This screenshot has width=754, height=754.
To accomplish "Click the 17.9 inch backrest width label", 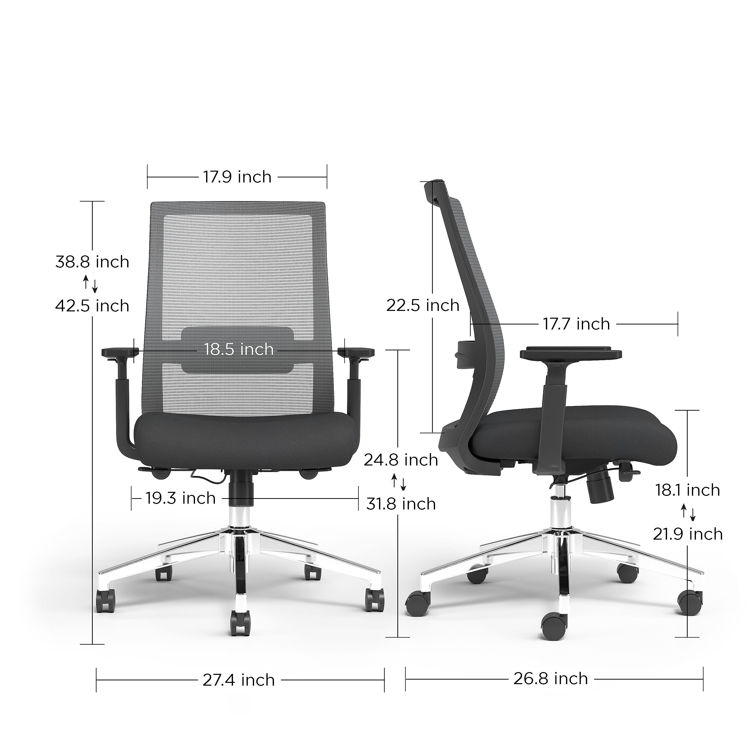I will pyautogui.click(x=237, y=177).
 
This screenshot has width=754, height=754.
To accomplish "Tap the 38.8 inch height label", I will pyautogui.click(x=92, y=262).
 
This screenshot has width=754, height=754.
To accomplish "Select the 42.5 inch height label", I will pyautogui.click(x=92, y=306).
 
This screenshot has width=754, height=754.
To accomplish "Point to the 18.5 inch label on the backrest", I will pyautogui.click(x=239, y=349).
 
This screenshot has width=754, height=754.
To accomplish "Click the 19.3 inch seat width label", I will pyautogui.click(x=181, y=498).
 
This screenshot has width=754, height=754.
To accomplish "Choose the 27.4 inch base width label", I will pyautogui.click(x=239, y=680).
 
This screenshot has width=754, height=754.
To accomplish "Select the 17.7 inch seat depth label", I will pyautogui.click(x=576, y=324).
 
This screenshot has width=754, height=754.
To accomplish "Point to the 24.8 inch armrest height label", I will pyautogui.click(x=401, y=460).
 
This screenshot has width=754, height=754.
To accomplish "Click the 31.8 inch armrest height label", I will pyautogui.click(x=401, y=504).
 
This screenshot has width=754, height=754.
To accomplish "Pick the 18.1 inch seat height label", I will pyautogui.click(x=687, y=490).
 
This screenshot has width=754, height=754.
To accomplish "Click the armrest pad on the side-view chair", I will pyautogui.click(x=571, y=353).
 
